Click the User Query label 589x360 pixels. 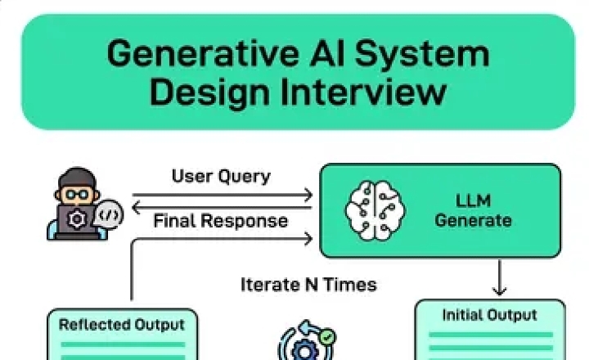(x=221, y=176)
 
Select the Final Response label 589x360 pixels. (x=221, y=221)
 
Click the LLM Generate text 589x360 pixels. (x=473, y=209)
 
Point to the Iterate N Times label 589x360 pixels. (x=308, y=285)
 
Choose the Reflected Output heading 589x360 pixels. (x=122, y=325)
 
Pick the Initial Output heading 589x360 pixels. (x=489, y=315)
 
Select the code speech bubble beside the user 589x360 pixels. (x=110, y=215)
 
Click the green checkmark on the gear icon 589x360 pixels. (x=326, y=336)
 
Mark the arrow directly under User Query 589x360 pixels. (x=223, y=195)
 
